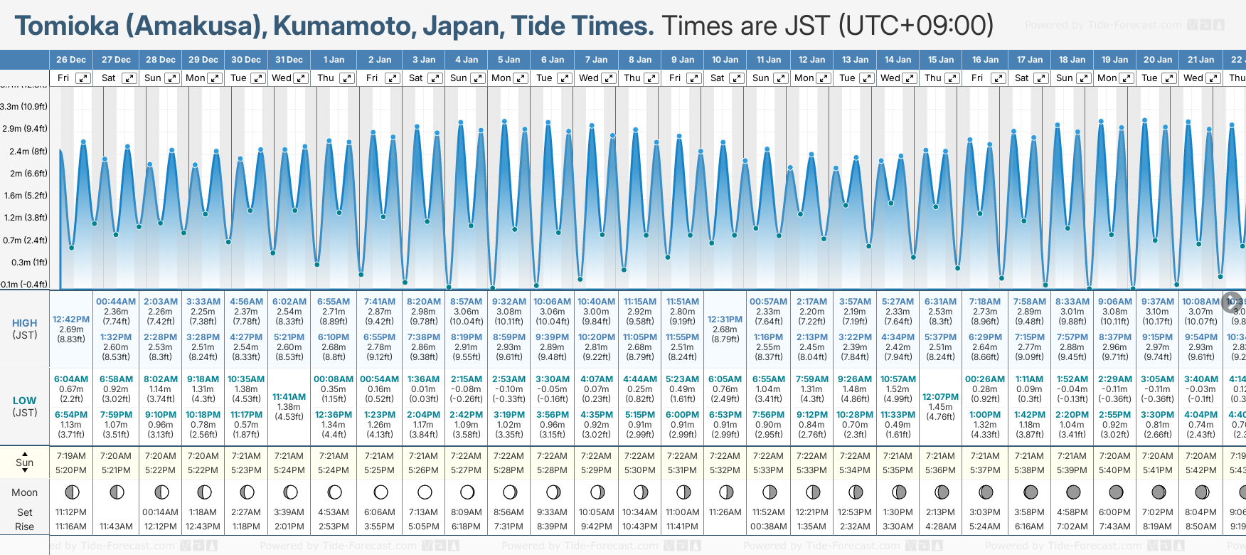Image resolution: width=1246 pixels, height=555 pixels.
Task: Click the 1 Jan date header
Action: click(x=334, y=60)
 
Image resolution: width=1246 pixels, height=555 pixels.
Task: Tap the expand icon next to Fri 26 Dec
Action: click(x=83, y=78)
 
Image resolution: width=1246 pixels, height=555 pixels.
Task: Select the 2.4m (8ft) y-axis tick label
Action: click(x=24, y=151)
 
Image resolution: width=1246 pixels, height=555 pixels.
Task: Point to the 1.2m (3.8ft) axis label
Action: click(x=24, y=218)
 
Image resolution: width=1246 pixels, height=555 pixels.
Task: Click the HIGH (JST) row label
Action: click(x=25, y=329)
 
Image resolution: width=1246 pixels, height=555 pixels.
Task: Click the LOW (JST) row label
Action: click(x=25, y=406)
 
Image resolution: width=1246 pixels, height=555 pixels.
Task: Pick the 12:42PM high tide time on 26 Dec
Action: click(x=71, y=319)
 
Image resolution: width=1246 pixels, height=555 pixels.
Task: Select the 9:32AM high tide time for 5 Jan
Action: click(x=509, y=302)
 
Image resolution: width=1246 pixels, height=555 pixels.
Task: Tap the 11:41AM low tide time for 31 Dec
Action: click(x=289, y=397)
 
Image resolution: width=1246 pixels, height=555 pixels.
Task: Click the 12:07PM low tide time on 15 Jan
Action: click(x=940, y=397)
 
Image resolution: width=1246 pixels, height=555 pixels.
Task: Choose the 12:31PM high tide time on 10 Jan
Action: click(x=725, y=319)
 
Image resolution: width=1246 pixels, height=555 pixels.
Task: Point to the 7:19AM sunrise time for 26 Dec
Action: click(x=71, y=456)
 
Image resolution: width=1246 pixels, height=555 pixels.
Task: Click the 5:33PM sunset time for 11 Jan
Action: click(x=769, y=470)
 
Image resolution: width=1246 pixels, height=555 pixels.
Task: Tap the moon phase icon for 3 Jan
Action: click(x=425, y=492)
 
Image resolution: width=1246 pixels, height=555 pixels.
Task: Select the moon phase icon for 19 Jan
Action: click(x=1115, y=492)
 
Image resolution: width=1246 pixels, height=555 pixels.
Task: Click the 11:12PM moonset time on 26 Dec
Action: click(x=71, y=512)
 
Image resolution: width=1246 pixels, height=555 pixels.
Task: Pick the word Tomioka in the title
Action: click(x=67, y=26)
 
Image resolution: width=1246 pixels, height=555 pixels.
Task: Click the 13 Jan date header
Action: click(x=855, y=60)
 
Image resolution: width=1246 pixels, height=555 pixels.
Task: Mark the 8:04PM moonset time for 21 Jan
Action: click(x=1200, y=512)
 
